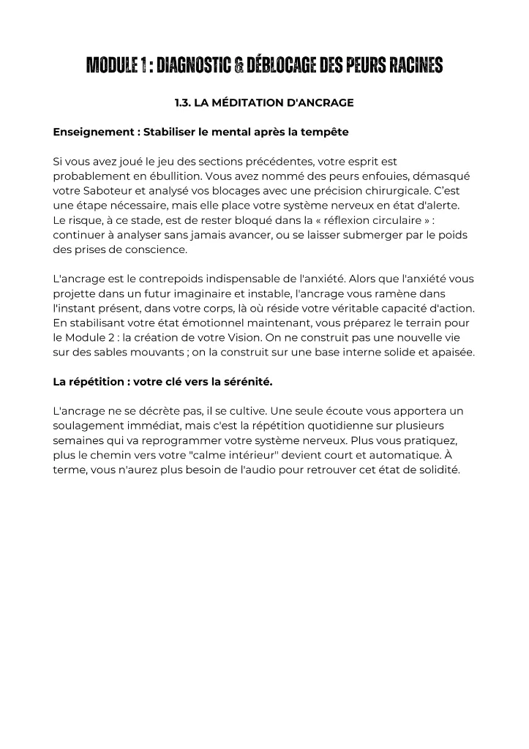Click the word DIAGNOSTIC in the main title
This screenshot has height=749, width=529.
[188, 67]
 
